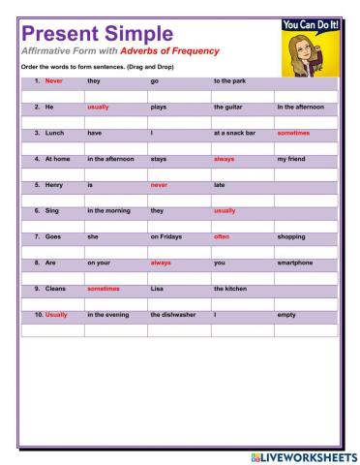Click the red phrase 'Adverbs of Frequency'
coord(169,50)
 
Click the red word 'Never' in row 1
coord(54,81)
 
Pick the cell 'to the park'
coord(229,81)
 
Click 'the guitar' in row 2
coord(227,107)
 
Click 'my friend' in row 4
coord(291,158)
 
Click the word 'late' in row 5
coord(220,184)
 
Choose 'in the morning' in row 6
coord(109,210)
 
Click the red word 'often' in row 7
coord(222,236)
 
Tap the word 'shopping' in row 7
coord(291,236)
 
